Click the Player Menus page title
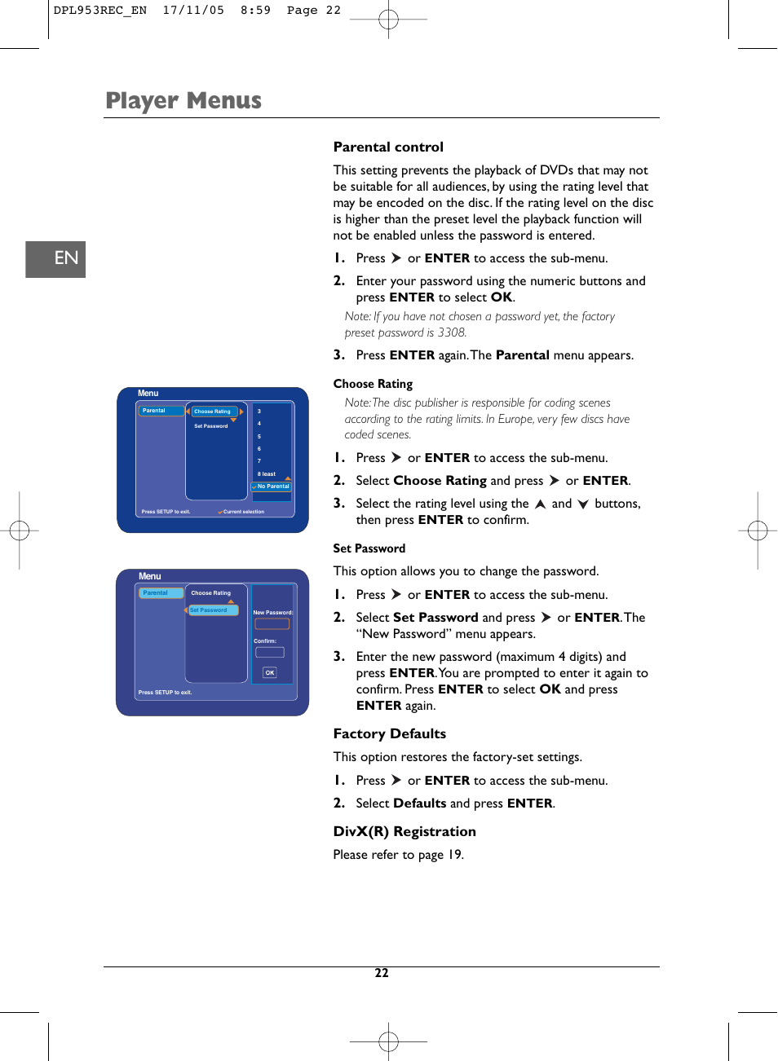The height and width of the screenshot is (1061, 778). (x=183, y=100)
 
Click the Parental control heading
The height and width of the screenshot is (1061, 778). (x=388, y=147)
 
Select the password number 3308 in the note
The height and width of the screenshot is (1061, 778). (x=451, y=332)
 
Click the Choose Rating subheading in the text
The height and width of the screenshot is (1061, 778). (x=373, y=384)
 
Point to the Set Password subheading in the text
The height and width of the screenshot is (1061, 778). (x=369, y=548)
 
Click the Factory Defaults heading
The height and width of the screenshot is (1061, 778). (x=389, y=733)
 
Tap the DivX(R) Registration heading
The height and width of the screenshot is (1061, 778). (x=404, y=831)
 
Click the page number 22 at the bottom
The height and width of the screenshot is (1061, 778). (x=382, y=973)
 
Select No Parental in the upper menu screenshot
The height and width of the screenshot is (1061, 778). (x=272, y=486)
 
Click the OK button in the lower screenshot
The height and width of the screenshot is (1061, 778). (x=270, y=672)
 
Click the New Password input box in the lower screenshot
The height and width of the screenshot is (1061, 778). (x=272, y=624)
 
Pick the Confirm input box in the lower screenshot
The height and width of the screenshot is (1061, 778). (x=270, y=652)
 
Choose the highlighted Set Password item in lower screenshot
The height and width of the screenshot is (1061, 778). (x=212, y=610)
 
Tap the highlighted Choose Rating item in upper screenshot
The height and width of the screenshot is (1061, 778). (x=214, y=412)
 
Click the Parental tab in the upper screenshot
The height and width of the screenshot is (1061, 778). (x=160, y=411)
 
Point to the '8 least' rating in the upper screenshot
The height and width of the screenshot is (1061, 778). (x=267, y=473)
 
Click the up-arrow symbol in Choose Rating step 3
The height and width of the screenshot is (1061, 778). (x=540, y=504)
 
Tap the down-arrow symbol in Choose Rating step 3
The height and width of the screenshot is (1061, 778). (x=583, y=504)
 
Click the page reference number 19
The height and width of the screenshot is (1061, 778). (x=454, y=855)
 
